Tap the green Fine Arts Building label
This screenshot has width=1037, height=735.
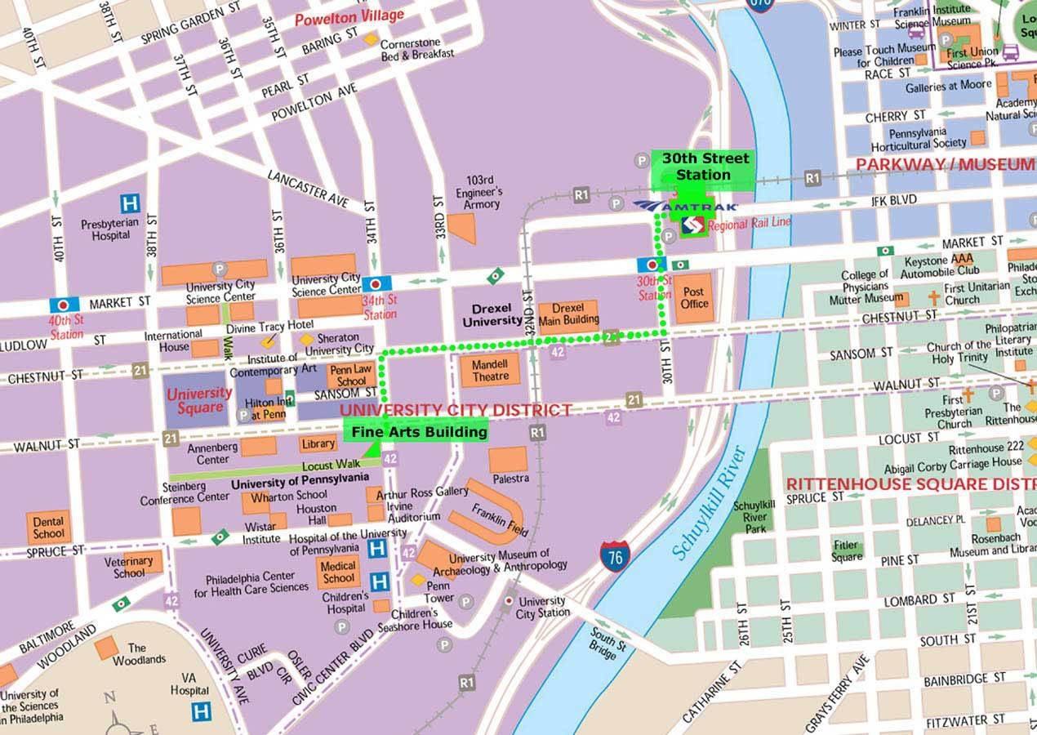pos(419,431)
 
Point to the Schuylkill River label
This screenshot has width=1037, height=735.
pos(707,505)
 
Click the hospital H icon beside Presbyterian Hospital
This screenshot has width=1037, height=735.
pos(129,203)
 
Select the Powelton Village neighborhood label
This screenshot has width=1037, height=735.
pos(349,17)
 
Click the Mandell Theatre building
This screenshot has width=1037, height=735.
pos(490,370)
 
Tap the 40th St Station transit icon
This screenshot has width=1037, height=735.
pos(64,305)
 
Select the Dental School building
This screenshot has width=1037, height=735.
pos(48,528)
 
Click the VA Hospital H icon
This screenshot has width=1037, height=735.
pos(201,710)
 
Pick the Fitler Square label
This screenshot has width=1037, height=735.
pos(847,550)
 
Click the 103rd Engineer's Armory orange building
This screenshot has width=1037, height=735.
pos(462,228)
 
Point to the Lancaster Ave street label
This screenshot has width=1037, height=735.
pos(308,187)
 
